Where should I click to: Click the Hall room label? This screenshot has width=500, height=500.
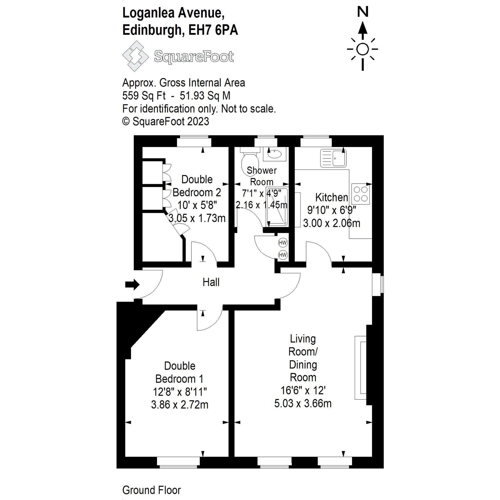tap(211, 282)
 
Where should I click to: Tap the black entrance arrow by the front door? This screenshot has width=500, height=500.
tap(132, 284)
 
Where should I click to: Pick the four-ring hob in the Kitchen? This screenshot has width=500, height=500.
tap(361, 194)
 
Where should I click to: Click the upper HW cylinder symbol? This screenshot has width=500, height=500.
tap(282, 243)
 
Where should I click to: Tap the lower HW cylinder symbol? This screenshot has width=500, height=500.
tap(282, 255)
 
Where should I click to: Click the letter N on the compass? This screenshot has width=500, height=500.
tap(362, 12)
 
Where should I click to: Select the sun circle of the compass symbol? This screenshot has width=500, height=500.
tap(362, 49)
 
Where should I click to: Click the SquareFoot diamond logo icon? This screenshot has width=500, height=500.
tap(136, 56)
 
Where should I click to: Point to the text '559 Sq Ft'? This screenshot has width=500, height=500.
tap(144, 96)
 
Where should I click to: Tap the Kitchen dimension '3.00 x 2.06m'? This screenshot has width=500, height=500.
tap(331, 223)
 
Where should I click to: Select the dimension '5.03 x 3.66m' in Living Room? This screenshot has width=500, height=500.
tap(303, 403)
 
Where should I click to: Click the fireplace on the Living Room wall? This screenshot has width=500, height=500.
tap(361, 368)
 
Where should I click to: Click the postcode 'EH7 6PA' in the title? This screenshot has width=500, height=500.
tap(213, 30)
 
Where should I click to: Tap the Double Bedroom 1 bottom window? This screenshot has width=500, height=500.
tap(178, 461)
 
